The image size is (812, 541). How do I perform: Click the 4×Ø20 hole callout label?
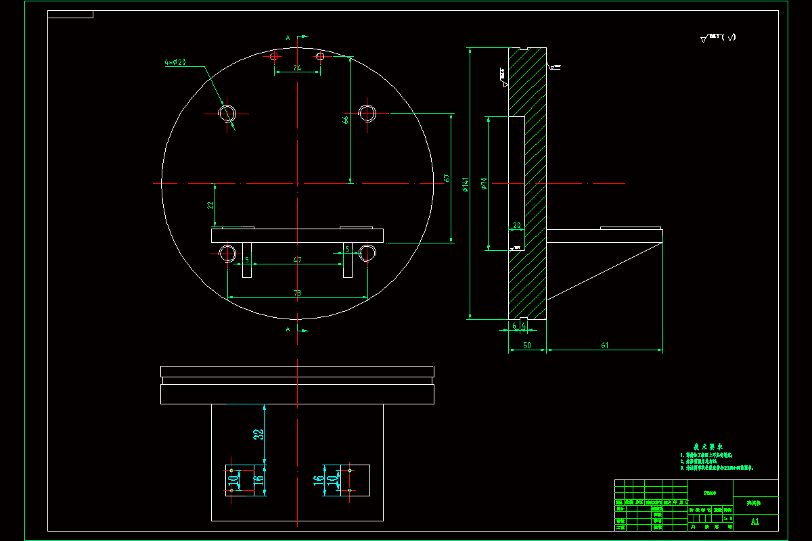click(175, 62)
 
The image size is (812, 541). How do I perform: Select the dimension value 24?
click(297, 68)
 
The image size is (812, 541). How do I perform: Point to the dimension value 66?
click(346, 120)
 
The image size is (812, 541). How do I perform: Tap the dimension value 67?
click(447, 178)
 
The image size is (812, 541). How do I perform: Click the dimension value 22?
click(210, 205)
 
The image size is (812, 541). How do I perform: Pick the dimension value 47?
click(297, 260)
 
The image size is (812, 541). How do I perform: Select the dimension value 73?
click(297, 293)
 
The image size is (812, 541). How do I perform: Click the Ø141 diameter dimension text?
click(465, 185)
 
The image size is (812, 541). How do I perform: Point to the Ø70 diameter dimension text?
click(484, 184)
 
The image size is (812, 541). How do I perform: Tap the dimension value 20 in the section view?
click(517, 225)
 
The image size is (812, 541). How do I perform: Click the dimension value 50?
click(526, 346)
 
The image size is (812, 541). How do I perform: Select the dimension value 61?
click(604, 346)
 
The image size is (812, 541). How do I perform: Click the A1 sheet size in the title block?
click(755, 521)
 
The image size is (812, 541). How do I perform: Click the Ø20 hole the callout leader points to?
click(227, 113)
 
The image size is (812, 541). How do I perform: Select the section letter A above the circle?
click(288, 39)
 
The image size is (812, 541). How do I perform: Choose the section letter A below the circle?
click(288, 329)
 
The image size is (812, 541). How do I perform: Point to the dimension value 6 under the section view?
click(515, 325)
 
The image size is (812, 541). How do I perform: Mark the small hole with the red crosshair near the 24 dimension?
click(274, 56)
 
